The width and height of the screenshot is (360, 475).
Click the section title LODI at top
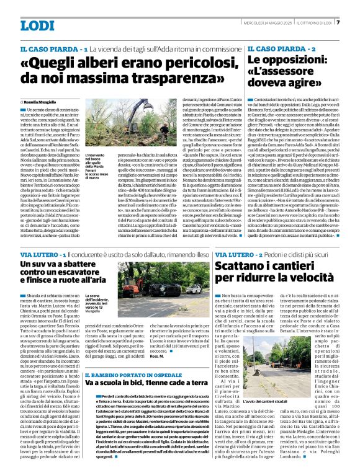click(37, 25)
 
